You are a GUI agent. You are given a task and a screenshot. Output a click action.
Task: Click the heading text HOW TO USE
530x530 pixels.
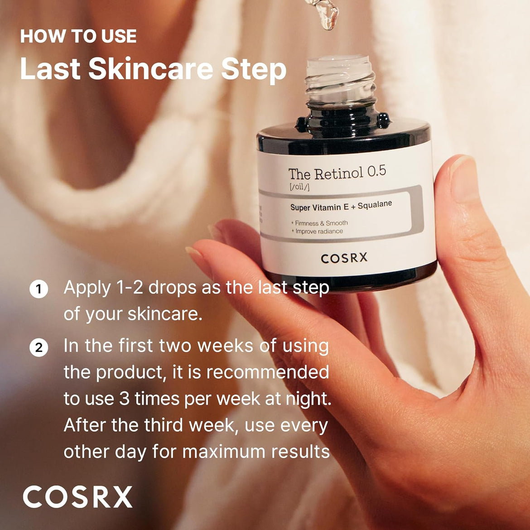point(78,36)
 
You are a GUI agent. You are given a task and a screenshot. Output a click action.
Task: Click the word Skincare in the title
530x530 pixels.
point(150,69)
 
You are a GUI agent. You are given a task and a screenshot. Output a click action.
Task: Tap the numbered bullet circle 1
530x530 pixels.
point(39,289)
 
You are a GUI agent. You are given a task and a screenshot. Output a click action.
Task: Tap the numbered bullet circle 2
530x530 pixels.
point(39,347)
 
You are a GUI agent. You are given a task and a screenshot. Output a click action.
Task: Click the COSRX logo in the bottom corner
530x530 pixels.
point(77,496)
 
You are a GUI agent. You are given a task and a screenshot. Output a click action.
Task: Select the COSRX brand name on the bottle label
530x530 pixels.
point(344,259)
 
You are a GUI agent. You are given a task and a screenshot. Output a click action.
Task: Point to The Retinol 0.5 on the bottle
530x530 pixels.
point(337,173)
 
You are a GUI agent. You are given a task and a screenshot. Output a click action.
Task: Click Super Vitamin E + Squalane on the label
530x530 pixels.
point(341,207)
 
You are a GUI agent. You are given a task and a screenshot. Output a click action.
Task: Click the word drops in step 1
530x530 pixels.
point(172,288)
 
